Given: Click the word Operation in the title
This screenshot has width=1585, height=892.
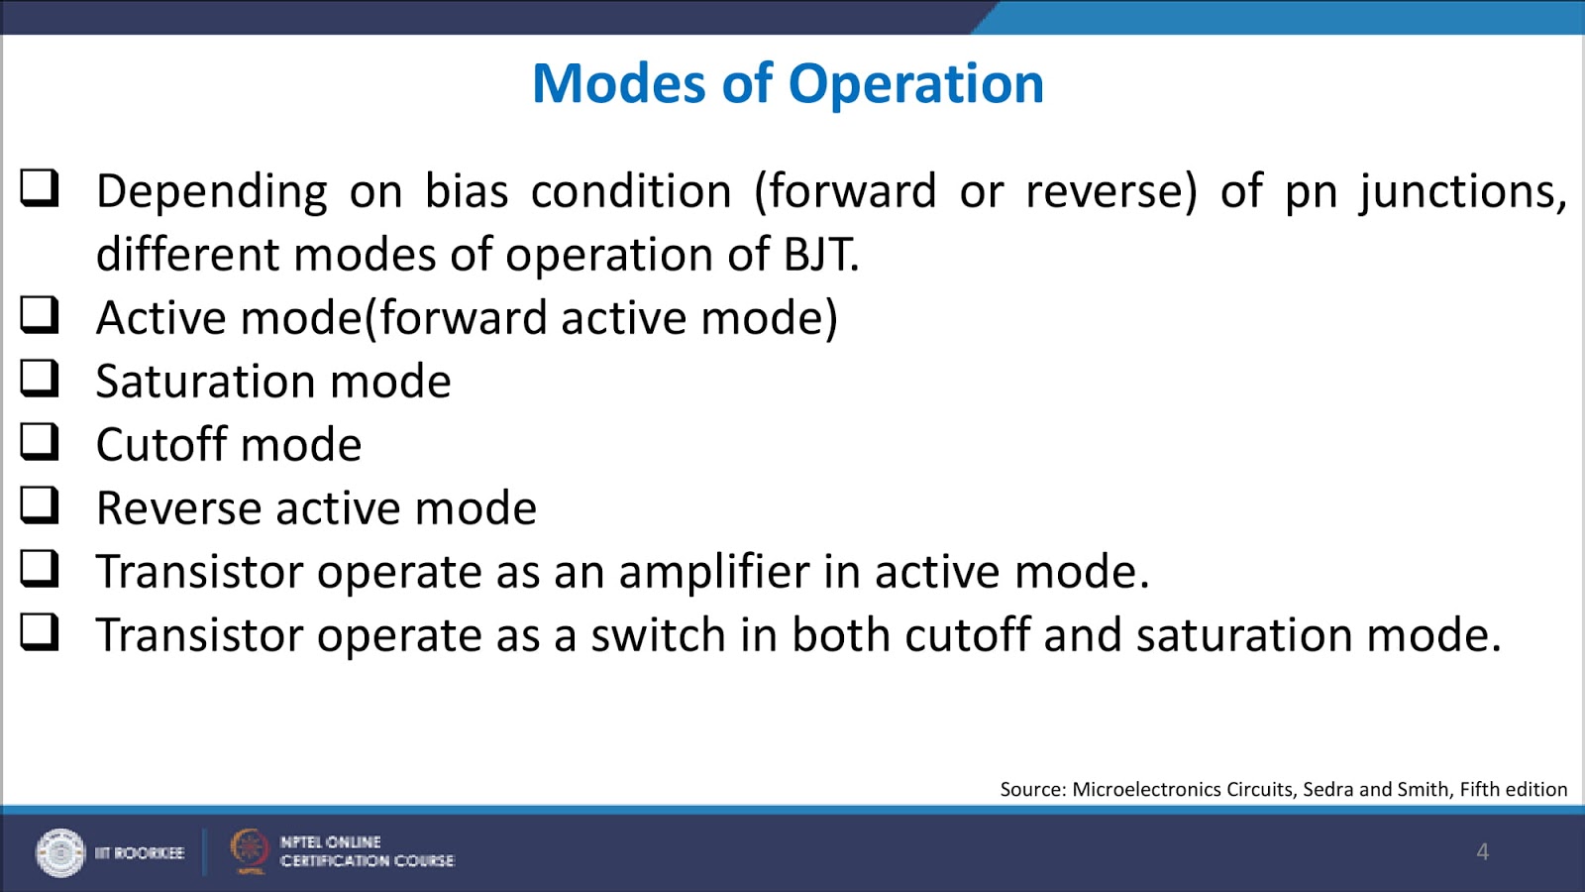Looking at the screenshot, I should click(915, 84).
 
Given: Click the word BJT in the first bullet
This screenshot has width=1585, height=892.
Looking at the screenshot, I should click(820, 255).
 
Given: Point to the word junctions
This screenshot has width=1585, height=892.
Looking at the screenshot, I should click(1462, 191).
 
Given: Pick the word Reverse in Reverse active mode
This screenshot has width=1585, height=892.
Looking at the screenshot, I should click(178, 508).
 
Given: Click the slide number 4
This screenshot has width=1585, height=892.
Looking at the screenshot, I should click(1482, 851).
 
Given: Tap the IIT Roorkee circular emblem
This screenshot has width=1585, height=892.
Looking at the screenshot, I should click(60, 852).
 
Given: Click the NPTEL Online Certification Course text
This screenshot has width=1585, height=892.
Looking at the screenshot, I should click(367, 851).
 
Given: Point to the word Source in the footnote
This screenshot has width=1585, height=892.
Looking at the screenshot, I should click(1031, 790).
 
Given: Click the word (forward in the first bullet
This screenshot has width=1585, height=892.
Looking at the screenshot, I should click(845, 191).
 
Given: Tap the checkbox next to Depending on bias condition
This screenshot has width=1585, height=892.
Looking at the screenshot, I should click(40, 187).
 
